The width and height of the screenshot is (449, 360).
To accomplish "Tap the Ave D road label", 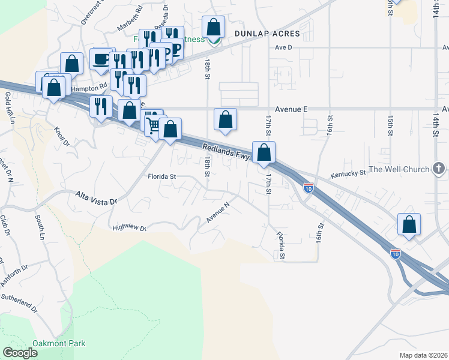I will [x=283, y=47].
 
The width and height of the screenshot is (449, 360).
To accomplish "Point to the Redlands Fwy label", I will [x=225, y=152].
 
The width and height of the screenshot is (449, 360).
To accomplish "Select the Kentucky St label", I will [x=348, y=173].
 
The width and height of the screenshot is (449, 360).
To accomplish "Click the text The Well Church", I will [x=399, y=169].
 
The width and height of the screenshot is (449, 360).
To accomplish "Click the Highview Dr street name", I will [x=129, y=227].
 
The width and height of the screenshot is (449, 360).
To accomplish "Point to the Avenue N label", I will [x=218, y=212].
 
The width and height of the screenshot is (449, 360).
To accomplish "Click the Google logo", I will [x=20, y=353].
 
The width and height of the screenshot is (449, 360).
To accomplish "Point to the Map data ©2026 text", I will [x=423, y=355].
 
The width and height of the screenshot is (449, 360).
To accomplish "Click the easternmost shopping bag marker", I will [x=409, y=225].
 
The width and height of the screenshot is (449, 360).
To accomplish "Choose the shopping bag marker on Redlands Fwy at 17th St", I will [x=264, y=152].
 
